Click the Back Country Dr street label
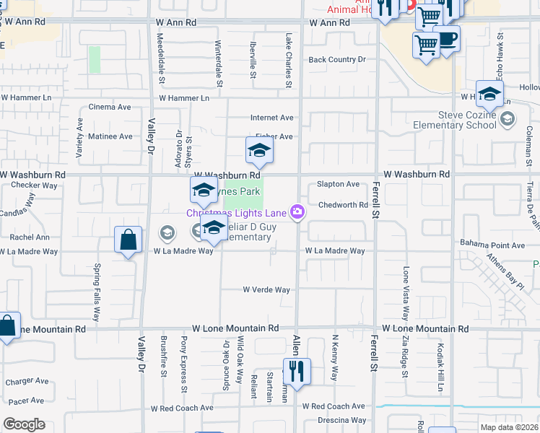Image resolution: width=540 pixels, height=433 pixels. [x=337, y=60]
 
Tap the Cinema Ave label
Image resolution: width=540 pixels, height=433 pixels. [x=109, y=107]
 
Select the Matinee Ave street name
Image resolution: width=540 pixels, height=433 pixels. [x=110, y=136]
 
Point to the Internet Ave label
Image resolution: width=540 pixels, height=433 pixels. [x=271, y=118]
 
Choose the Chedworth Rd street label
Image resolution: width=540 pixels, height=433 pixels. [x=343, y=205]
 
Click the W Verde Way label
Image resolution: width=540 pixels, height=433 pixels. [x=266, y=290]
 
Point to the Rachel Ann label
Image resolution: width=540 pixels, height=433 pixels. [x=30, y=237]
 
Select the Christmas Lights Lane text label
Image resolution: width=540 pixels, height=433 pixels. [x=236, y=212]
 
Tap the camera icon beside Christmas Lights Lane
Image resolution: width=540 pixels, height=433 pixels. [x=297, y=211]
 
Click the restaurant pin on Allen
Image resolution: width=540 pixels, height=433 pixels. [x=297, y=372]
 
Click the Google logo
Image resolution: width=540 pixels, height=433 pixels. [x=24, y=424]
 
